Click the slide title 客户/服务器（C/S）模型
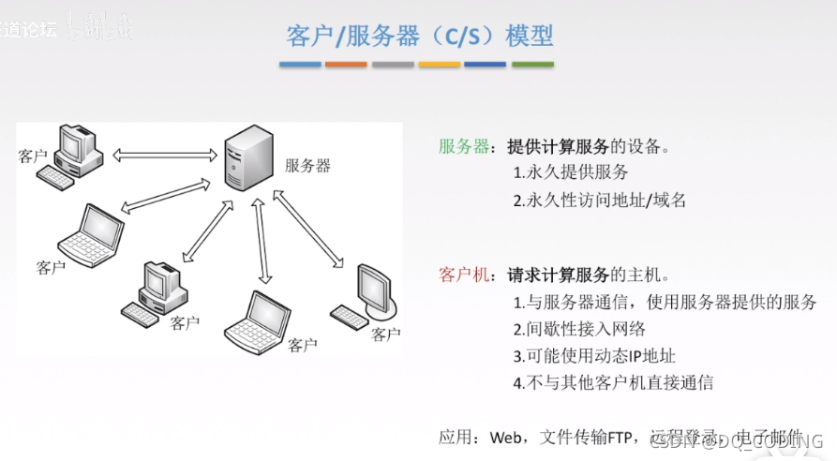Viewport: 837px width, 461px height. click(419, 36)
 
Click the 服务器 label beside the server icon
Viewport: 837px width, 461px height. click(307, 166)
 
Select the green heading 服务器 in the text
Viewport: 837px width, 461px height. click(464, 147)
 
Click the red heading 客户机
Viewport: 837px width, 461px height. click(464, 275)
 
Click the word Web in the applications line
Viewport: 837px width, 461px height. click(504, 437)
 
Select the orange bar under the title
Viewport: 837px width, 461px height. click(346, 65)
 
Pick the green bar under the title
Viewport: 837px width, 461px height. click(531, 65)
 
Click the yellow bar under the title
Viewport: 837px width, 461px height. click(439, 65)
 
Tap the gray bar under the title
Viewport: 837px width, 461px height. click(392, 65)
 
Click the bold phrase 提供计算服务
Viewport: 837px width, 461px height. click(558, 147)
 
